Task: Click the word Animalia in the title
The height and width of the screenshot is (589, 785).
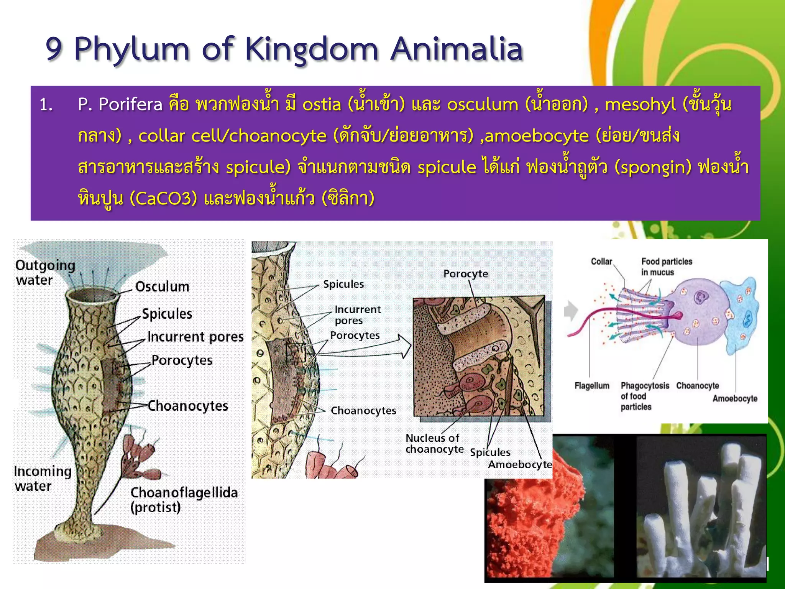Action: coord(457,49)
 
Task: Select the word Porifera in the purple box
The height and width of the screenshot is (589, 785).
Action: coord(130,105)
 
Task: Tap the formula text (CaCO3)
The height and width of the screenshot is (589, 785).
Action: coord(163,198)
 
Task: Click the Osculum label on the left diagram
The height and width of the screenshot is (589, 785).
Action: coord(162,287)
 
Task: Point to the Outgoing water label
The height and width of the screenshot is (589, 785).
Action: coord(45,272)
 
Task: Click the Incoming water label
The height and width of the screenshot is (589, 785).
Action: coord(42,479)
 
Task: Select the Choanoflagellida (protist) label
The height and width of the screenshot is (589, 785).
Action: coord(184,500)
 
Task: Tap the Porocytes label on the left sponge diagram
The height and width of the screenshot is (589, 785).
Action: coord(182,360)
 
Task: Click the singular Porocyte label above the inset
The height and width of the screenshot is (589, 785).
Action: coord(466,274)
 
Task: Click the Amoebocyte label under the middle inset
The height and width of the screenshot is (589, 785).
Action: coord(519,465)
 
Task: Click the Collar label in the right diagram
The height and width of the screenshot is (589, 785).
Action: coord(601,262)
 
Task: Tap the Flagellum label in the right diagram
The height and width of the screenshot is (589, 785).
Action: coord(591,386)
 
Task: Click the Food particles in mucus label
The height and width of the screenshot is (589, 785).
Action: coord(666,267)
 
